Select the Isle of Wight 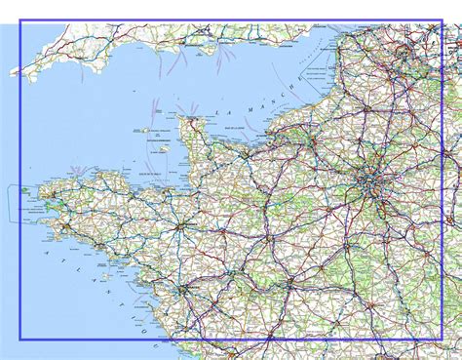[209, 46]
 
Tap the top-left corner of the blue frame [20, 20]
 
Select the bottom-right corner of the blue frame [442, 339]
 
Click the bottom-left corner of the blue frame [20, 339]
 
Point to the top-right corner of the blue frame [442, 20]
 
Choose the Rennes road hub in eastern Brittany [182, 225]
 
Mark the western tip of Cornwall [13, 71]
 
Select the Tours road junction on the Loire [290, 284]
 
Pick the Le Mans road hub [265, 234]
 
